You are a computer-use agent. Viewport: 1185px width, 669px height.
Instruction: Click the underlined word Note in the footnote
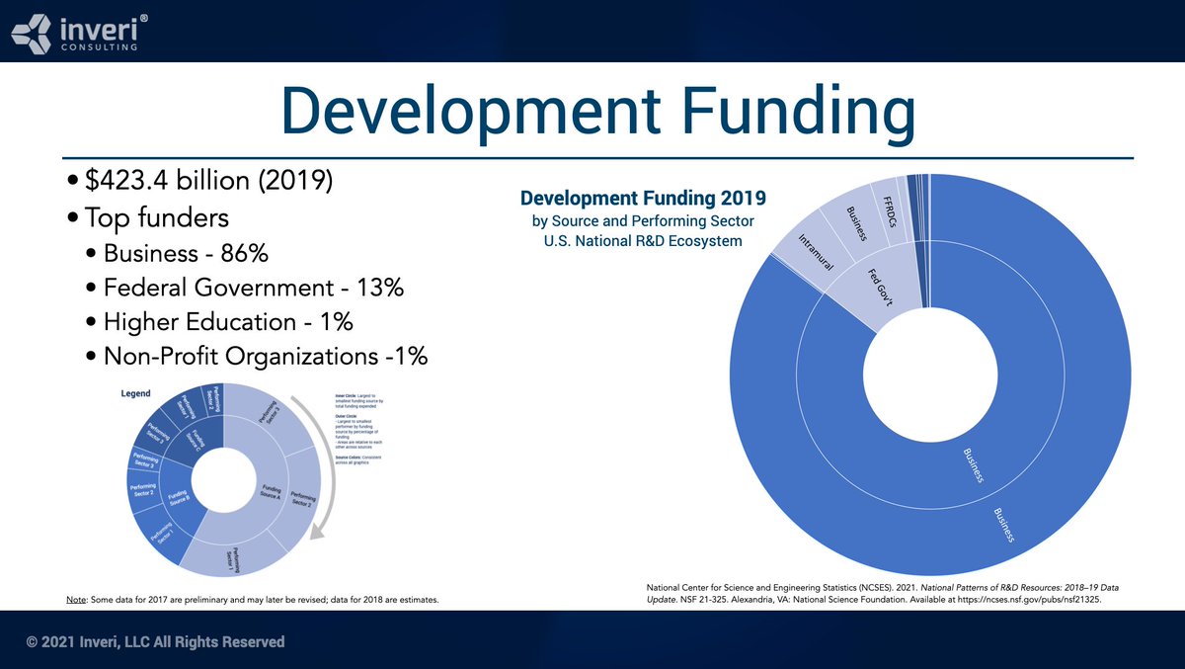75,600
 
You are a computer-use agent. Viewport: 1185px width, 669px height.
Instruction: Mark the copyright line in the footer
156,642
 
